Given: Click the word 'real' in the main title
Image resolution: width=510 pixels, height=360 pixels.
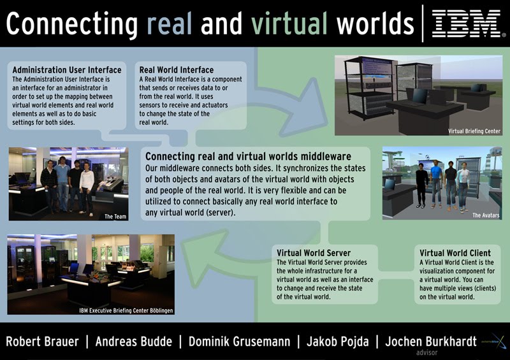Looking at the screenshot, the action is tap(169, 24).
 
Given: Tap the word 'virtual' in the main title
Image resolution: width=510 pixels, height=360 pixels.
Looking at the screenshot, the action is tap(289, 24).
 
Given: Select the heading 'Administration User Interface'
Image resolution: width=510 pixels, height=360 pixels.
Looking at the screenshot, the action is tap(67, 70).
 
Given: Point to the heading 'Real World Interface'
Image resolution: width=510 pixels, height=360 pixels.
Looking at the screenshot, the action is tap(177, 70).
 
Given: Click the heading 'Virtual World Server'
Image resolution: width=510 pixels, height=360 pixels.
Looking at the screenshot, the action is tap(314, 253).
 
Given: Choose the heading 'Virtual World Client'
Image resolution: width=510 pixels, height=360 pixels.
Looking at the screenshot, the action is tap(455, 253).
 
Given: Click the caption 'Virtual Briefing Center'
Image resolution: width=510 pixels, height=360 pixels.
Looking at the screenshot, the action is tap(474, 131).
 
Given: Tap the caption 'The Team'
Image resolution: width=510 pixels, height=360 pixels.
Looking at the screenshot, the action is tap(115, 216).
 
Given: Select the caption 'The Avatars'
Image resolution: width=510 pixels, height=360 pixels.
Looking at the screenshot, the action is tap(486, 215).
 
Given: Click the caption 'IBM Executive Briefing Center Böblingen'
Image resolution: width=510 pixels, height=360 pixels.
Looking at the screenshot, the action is tap(126, 310).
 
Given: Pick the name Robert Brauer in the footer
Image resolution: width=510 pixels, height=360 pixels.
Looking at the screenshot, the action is tap(42, 342).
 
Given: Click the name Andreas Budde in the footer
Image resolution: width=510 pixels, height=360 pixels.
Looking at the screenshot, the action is tap(134, 342).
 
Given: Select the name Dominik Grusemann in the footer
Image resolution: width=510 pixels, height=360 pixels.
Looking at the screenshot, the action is tap(240, 342).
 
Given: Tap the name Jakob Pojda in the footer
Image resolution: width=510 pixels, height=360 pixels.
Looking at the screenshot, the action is tap(338, 342).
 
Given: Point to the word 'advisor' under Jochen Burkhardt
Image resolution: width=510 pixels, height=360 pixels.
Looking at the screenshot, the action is tap(426, 352).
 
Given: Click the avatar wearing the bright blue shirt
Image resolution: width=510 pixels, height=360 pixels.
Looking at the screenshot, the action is tap(436, 184).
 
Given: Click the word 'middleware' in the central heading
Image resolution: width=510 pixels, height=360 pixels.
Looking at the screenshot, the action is tap(326, 156).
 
